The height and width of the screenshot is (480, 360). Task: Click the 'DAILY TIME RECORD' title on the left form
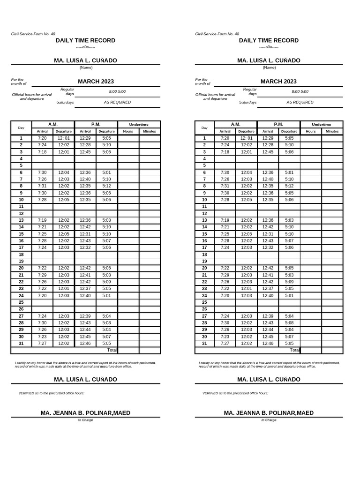pos(85,41)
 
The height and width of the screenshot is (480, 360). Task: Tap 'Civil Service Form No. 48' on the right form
pos(217,34)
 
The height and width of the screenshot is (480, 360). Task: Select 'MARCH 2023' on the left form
pos(96,82)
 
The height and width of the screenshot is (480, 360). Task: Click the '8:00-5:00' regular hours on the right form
pos(300,92)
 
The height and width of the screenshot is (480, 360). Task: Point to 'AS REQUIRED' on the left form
pos(117,102)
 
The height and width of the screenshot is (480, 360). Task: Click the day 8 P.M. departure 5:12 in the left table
pos(106,186)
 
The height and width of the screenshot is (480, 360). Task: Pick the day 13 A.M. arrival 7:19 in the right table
pos(225,220)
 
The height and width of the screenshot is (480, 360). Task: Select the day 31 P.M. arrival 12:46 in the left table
pos(85,343)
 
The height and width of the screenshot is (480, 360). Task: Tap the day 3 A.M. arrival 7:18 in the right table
pos(225,152)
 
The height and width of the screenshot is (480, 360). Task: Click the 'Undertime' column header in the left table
pos(139,125)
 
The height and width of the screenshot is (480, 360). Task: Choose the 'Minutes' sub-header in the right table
pos(332,132)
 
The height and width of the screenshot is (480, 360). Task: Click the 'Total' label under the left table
pos(112,350)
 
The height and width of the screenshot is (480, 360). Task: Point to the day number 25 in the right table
pos(204,302)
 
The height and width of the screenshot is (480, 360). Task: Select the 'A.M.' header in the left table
pos(53,124)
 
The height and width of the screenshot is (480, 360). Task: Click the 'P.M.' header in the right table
pos(278,124)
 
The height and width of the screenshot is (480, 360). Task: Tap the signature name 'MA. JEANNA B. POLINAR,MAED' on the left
pos(85,413)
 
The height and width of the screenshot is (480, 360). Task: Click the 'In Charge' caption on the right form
pos(269,420)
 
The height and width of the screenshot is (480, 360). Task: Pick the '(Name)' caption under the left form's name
pos(86,67)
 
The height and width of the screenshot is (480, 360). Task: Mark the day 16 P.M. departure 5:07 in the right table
pos(289,240)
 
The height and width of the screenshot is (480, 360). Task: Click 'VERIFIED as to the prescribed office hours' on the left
pos(51,393)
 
